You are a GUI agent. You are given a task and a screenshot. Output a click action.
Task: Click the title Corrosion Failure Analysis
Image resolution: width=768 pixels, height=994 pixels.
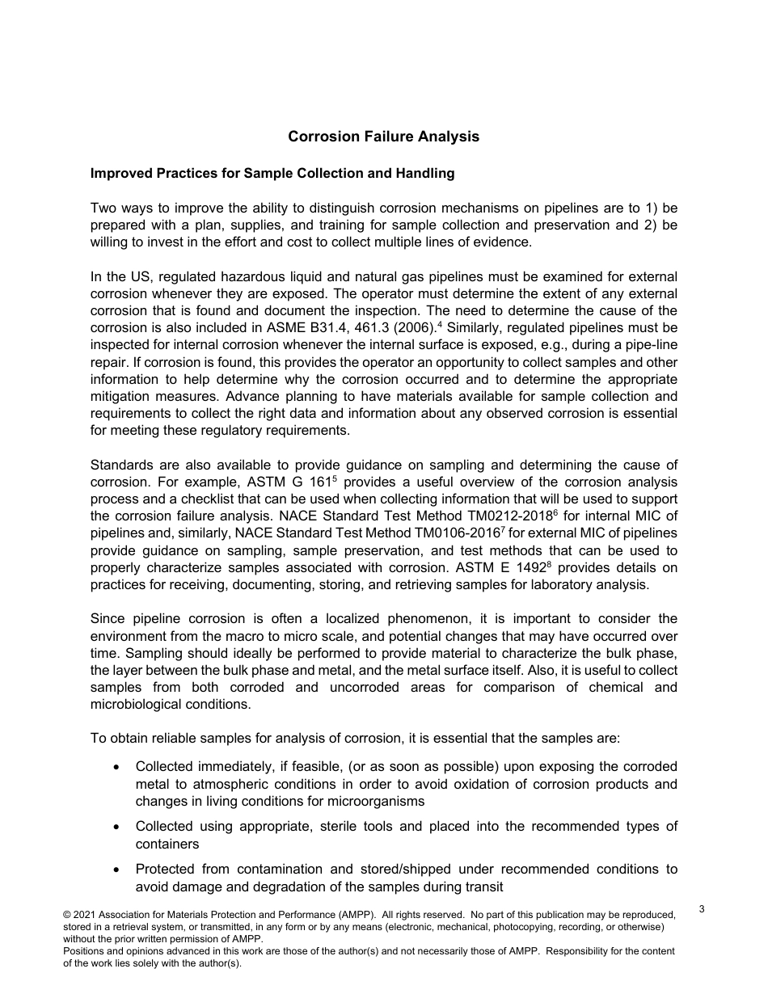point(383,137)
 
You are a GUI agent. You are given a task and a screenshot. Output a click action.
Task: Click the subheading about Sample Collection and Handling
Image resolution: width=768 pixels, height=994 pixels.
point(272,173)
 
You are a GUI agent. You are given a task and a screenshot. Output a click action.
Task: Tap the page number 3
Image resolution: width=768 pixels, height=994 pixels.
point(702,909)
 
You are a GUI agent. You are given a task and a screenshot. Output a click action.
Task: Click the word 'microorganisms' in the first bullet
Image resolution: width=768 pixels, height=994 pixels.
point(379,801)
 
